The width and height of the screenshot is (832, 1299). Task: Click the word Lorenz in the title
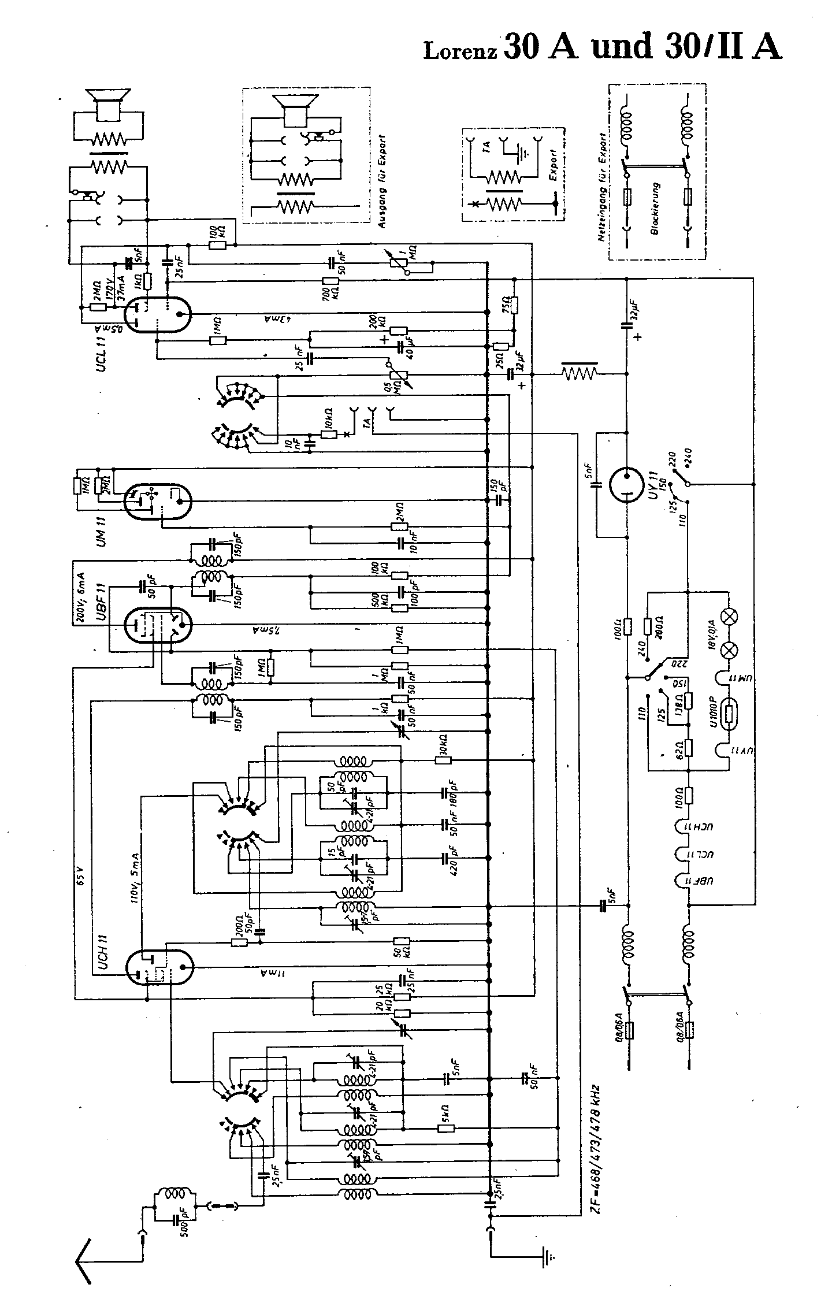pyautogui.click(x=460, y=51)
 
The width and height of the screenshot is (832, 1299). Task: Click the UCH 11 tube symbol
pyautogui.click(x=159, y=966)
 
